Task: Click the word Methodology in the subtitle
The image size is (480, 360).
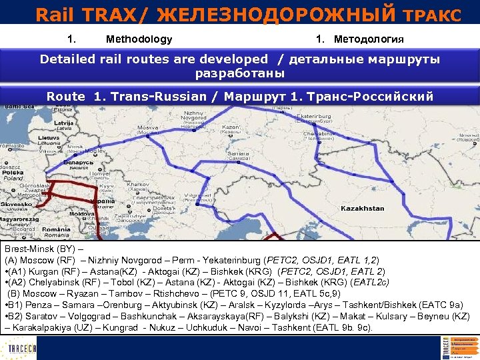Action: (139, 39)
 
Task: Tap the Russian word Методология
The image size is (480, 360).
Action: (369, 39)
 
